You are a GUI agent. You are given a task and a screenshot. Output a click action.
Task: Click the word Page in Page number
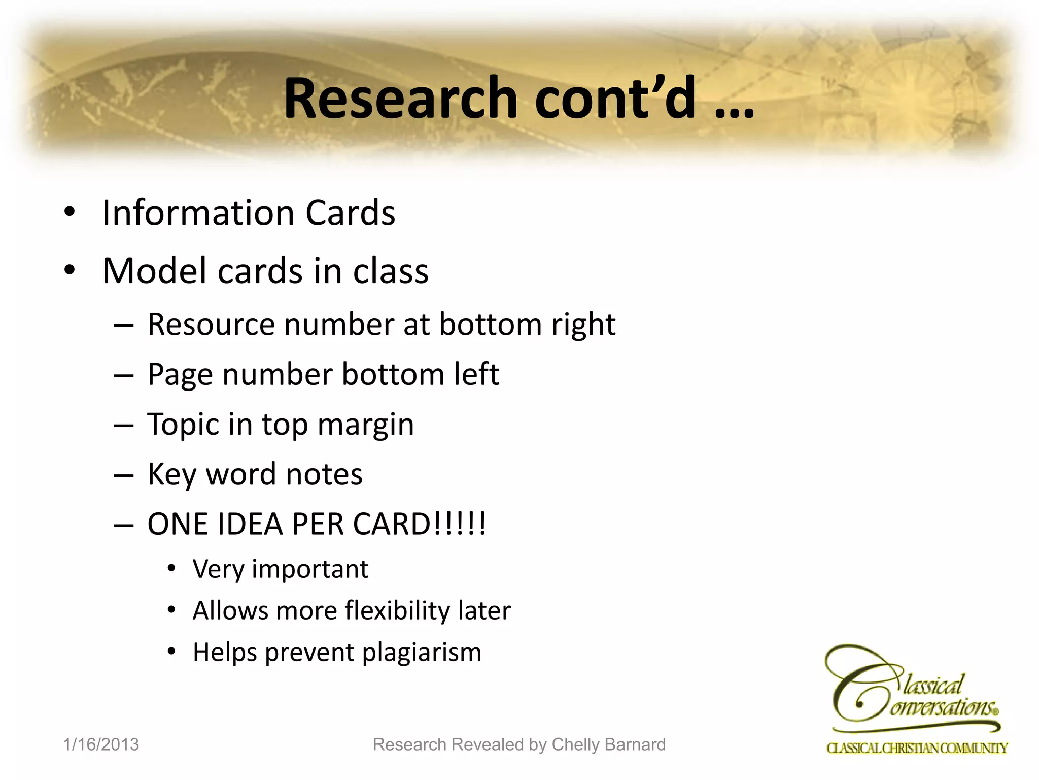point(180,375)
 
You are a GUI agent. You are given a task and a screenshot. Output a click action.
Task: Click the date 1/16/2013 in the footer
point(101,744)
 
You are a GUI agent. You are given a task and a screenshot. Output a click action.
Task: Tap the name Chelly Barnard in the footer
point(608,744)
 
